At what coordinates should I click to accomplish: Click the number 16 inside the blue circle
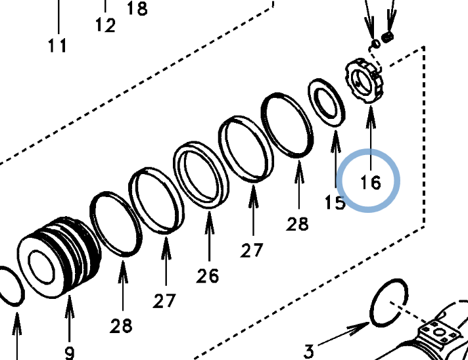pos(371,182)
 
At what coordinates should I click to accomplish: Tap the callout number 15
pos(335,202)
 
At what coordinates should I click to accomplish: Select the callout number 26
pos(208,276)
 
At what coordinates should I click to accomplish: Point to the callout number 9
pos(69,353)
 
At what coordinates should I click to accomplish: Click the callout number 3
pos(309,351)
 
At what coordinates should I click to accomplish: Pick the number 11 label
pos(57,45)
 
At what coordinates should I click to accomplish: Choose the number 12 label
pos(105,25)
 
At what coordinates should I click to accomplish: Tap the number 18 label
pos(137,9)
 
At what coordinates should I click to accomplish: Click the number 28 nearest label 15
pos(297,224)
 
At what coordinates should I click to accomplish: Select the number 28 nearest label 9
pos(121,326)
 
